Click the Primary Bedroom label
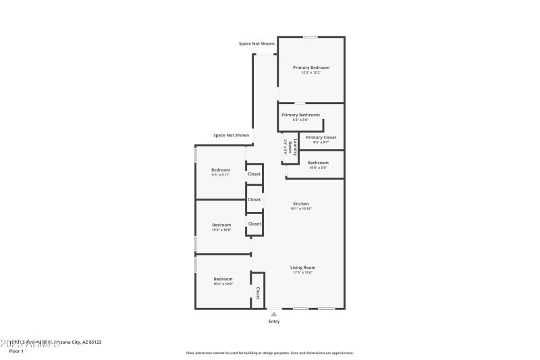point(310,68)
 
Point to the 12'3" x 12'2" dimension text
point(310,72)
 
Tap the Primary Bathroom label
point(300,115)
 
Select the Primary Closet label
point(321,137)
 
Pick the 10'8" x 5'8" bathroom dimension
point(318,168)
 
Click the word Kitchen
point(301,203)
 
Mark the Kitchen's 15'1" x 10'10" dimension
point(301,209)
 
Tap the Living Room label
point(303,267)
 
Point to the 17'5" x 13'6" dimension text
point(303,273)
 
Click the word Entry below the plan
point(273,321)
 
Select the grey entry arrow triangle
point(273,313)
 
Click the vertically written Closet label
point(258,293)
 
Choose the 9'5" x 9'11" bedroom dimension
point(221,175)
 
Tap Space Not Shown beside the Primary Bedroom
point(256,44)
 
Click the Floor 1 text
point(16,351)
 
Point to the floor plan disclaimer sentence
point(269,353)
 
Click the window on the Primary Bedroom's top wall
point(310,37)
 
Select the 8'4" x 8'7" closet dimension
point(321,143)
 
